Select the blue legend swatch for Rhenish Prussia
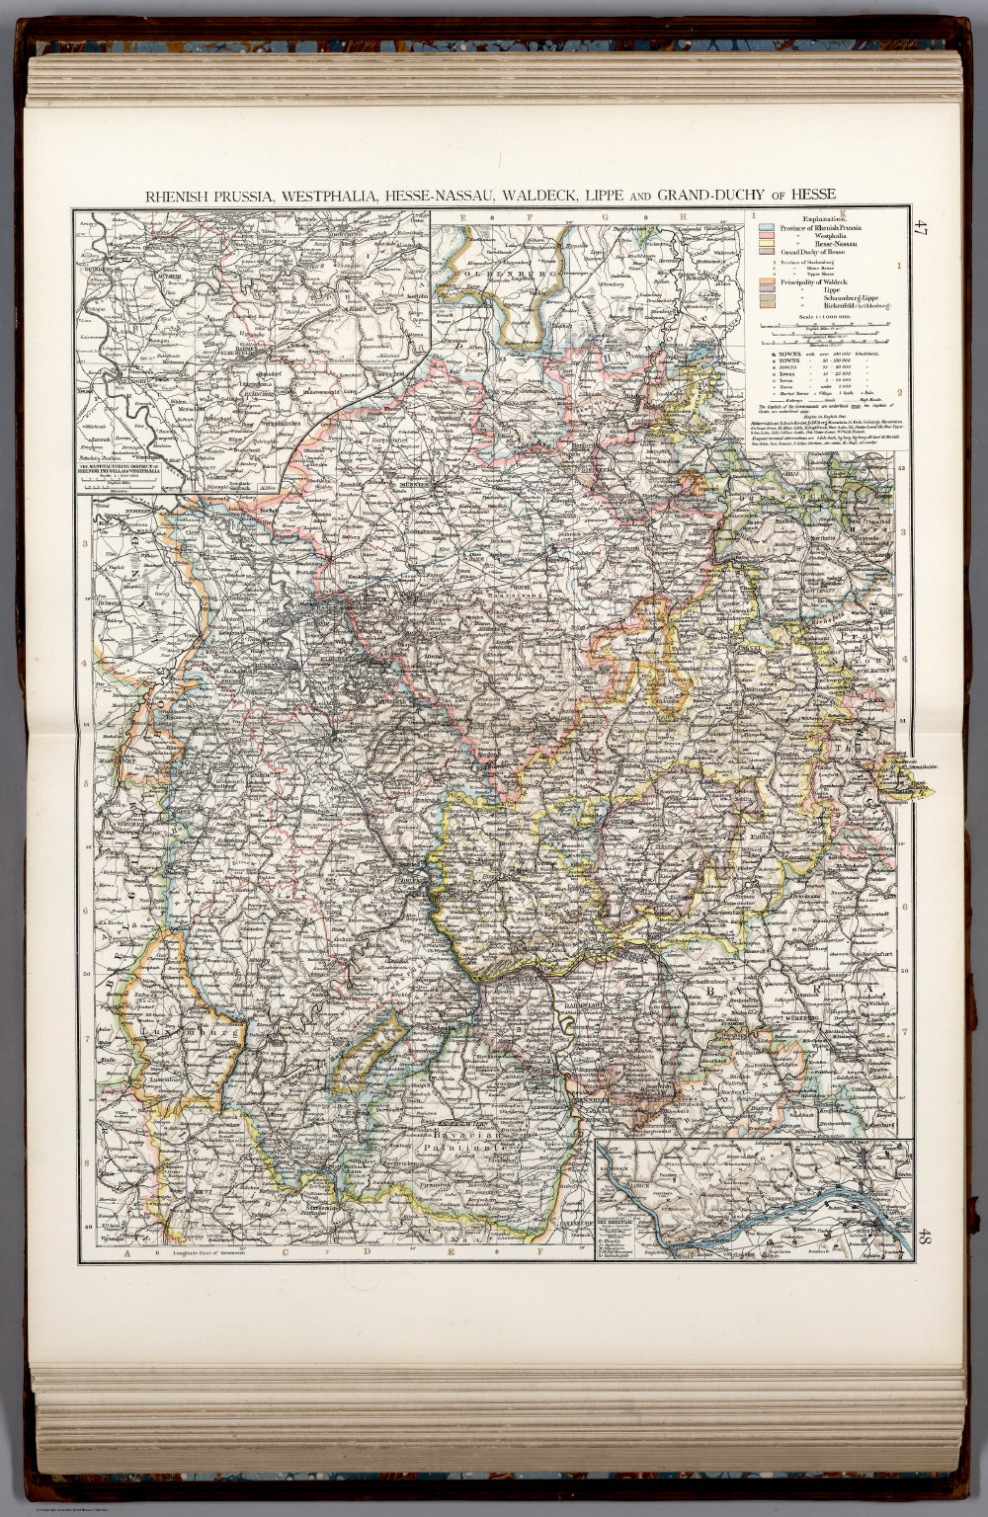click(x=765, y=228)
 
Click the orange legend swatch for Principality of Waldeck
click(x=765, y=284)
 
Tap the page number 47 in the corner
click(x=921, y=227)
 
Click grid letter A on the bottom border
click(x=126, y=1254)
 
